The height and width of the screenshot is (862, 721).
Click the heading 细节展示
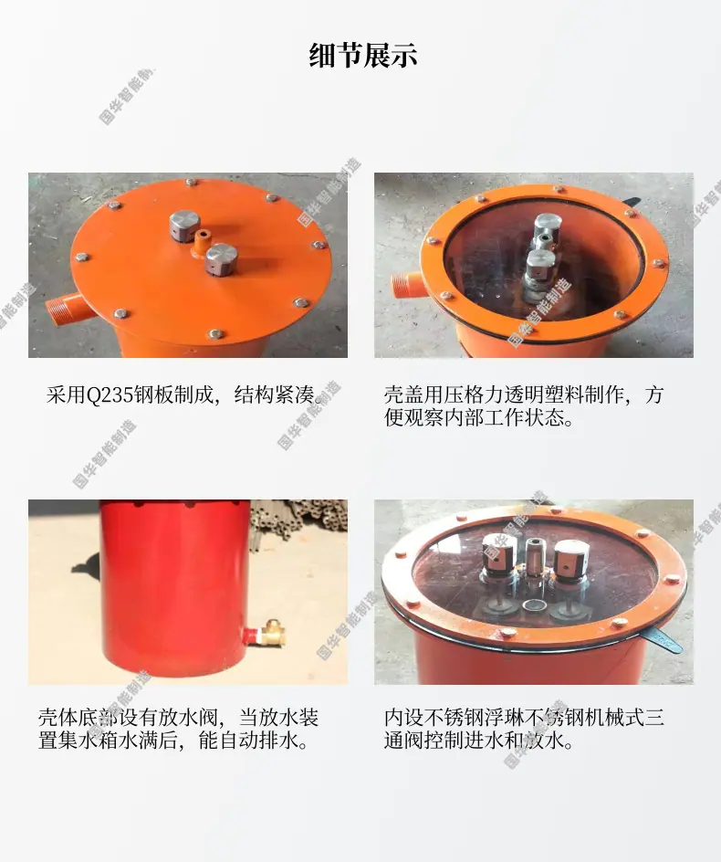362,56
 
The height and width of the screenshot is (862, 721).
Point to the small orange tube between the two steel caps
201,242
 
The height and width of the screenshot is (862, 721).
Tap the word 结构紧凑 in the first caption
274,394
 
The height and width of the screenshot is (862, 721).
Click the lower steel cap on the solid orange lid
221,259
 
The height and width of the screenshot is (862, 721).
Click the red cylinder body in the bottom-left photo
173,588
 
